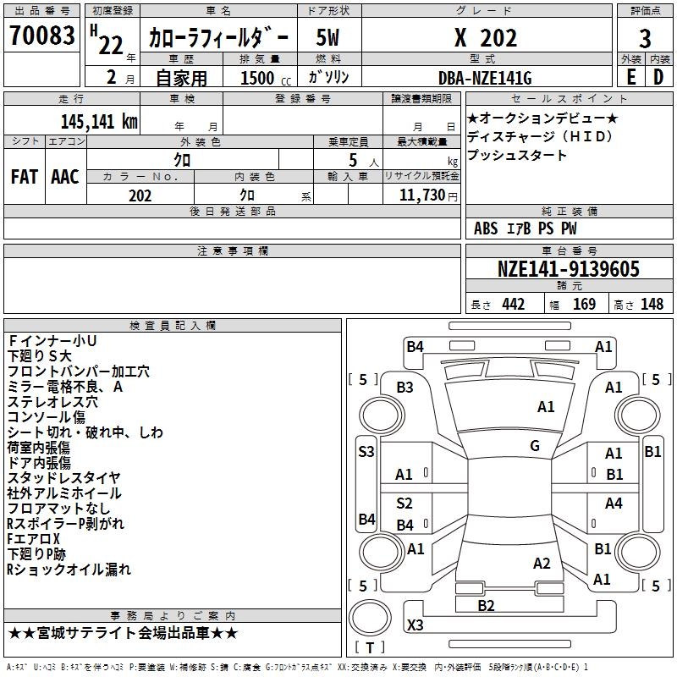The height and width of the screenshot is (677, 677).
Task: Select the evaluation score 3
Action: [x=645, y=38]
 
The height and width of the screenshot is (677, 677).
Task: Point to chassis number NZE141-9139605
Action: [x=569, y=269]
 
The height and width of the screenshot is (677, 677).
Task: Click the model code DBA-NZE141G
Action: [x=485, y=77]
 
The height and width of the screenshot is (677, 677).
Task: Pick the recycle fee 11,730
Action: [x=422, y=195]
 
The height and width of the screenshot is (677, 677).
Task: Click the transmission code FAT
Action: [x=24, y=176]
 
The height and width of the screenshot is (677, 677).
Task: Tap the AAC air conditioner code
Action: [x=65, y=176]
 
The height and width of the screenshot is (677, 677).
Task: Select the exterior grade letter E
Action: [x=630, y=77]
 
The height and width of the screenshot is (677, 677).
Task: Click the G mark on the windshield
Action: [x=535, y=446]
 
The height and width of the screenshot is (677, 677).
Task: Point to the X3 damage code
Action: [x=415, y=625]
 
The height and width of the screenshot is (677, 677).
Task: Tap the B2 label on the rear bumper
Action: [x=486, y=605]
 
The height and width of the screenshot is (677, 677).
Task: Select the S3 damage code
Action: [x=366, y=451]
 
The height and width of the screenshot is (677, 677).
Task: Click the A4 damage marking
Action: [x=614, y=504]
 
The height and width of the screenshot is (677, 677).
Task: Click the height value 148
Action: [x=652, y=304]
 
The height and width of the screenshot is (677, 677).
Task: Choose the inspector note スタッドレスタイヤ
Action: [x=63, y=478]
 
